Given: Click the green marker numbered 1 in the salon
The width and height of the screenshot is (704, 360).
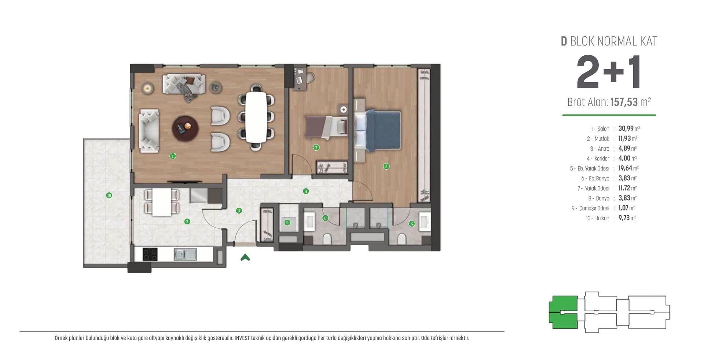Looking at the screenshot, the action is pyautogui.click(x=173, y=156).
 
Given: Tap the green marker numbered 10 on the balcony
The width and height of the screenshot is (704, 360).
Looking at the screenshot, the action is pyautogui.click(x=109, y=195).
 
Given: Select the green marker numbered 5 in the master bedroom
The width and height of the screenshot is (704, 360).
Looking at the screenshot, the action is pyautogui.click(x=386, y=166).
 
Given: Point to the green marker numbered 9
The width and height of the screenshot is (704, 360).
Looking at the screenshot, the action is pyautogui.click(x=287, y=223).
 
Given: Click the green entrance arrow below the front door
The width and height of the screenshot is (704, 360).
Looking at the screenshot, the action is pyautogui.click(x=245, y=257).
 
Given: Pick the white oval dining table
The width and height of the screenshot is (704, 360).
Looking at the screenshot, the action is pyautogui.click(x=256, y=117).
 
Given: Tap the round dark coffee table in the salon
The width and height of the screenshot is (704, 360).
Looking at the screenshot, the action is pyautogui.click(x=186, y=128).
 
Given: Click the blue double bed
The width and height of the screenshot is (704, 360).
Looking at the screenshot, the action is pyautogui.click(x=378, y=130).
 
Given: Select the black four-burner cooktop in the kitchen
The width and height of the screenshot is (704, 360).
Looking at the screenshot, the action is pyautogui.click(x=150, y=254).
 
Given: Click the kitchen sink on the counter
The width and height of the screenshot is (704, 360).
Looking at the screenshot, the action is pyautogui.click(x=185, y=254).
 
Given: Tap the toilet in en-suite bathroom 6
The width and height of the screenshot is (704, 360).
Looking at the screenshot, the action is pyautogui.click(x=402, y=239).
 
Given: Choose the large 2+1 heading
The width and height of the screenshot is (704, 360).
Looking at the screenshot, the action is pyautogui.click(x=609, y=72).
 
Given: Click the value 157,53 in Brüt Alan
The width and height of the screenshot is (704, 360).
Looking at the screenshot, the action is pyautogui.click(x=624, y=102).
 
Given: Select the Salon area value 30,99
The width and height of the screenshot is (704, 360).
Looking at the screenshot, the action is pyautogui.click(x=626, y=129).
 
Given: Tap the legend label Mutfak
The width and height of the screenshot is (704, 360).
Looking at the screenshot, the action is pyautogui.click(x=602, y=139).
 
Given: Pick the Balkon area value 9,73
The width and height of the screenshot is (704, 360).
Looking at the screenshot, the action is pyautogui.click(x=624, y=218).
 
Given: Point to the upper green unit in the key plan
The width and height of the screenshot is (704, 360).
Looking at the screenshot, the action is pyautogui.click(x=563, y=304).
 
